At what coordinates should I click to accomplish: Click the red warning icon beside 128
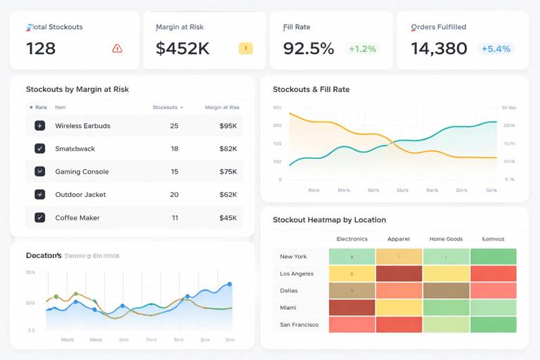click(x=117, y=49)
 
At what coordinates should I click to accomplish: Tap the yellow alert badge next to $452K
click(x=245, y=49)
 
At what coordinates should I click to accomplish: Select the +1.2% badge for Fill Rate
click(x=362, y=49)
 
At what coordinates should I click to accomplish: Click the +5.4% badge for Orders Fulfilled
click(x=496, y=49)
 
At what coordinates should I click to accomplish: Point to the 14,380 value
click(x=439, y=49)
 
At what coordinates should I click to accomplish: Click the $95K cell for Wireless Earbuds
click(x=228, y=126)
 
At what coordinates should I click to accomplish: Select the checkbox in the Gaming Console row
click(x=40, y=172)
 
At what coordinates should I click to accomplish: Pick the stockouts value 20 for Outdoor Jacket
click(x=174, y=195)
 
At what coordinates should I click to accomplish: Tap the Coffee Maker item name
click(x=77, y=218)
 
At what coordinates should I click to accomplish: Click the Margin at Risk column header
click(x=222, y=108)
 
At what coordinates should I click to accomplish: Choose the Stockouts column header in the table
click(x=165, y=108)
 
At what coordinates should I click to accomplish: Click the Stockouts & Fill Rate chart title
click(x=311, y=89)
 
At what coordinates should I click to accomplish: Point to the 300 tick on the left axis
click(x=276, y=108)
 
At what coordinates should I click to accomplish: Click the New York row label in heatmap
click(x=293, y=257)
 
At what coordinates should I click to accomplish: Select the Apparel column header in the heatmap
click(x=399, y=239)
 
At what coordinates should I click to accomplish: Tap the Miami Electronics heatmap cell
click(x=352, y=307)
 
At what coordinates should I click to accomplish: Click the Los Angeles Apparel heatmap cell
click(x=399, y=274)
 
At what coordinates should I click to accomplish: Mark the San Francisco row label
click(x=299, y=325)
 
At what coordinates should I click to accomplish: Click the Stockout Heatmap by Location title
click(x=329, y=220)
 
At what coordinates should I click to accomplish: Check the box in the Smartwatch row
click(x=40, y=148)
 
